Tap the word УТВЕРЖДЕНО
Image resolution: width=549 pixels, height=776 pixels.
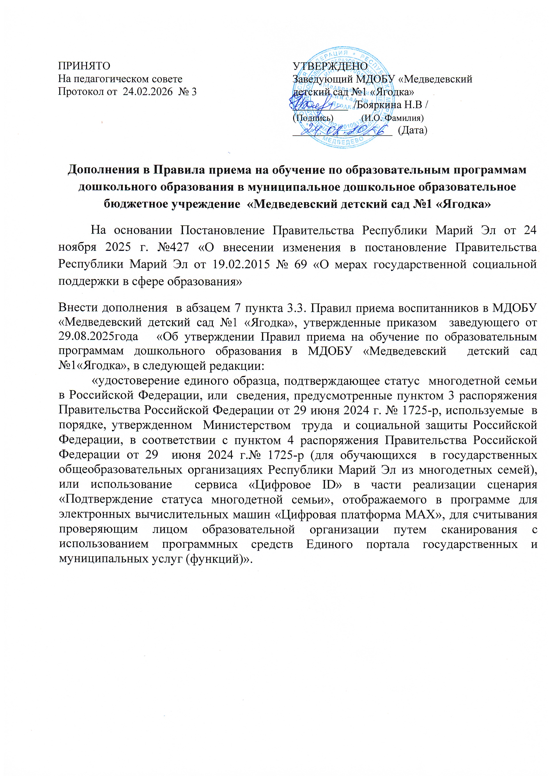pos(330,66)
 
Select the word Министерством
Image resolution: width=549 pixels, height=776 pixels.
pos(247,425)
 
